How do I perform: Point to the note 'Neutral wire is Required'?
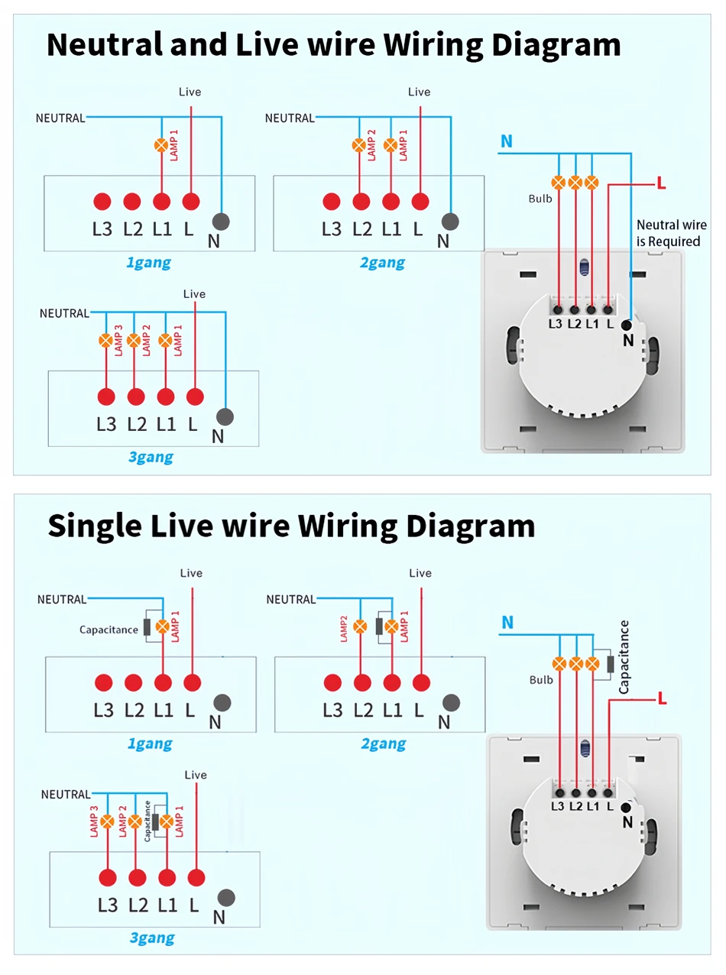[668, 233]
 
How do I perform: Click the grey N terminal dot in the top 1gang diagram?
[221, 222]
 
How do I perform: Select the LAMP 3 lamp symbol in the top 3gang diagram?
[105, 340]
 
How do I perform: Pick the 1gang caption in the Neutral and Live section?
[148, 264]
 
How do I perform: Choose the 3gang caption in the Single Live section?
[151, 938]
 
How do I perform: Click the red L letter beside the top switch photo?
[661, 184]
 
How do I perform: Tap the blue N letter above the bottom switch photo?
[507, 623]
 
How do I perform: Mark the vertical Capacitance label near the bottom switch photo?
[624, 657]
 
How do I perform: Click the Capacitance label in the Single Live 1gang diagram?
[109, 630]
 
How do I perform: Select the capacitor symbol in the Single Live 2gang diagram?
[379, 627]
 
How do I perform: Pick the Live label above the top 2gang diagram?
[419, 92]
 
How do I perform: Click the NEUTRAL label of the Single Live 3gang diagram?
[66, 795]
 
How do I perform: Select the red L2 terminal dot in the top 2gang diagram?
[361, 202]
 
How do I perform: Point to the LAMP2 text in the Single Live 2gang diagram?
[343, 627]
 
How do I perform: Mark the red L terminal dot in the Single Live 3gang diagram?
[197, 878]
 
